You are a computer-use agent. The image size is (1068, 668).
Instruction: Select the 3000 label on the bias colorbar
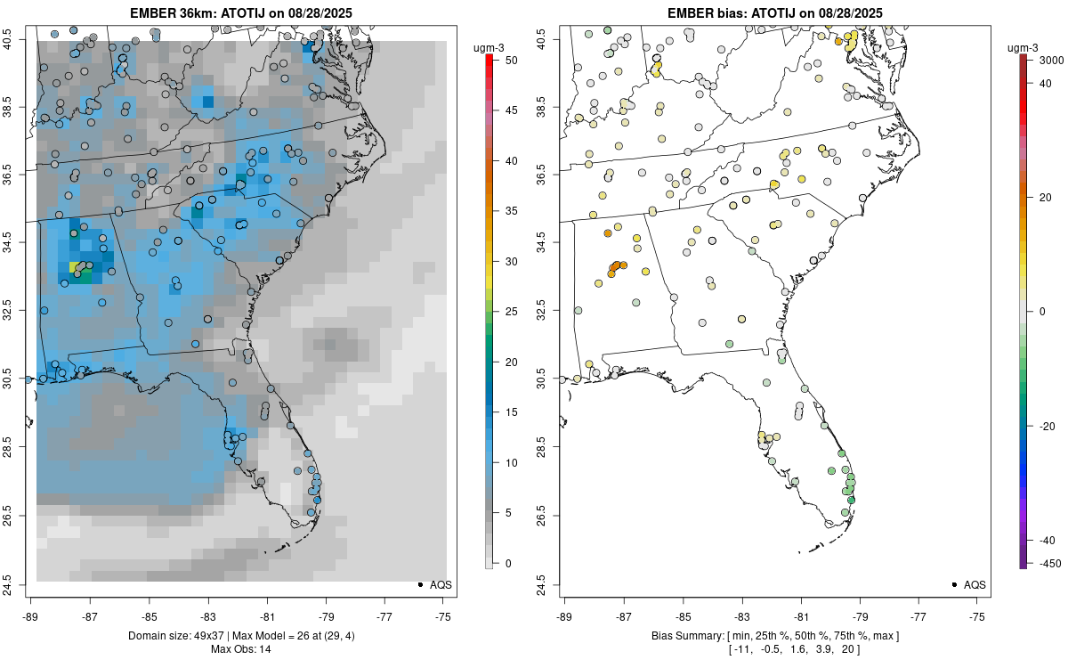1042,61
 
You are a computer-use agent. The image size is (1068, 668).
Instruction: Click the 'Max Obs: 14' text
240,648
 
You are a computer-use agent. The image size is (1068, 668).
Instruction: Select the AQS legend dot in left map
419,584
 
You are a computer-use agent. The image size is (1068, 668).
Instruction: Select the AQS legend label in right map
975,584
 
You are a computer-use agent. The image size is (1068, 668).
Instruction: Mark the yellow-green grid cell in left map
73,266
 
